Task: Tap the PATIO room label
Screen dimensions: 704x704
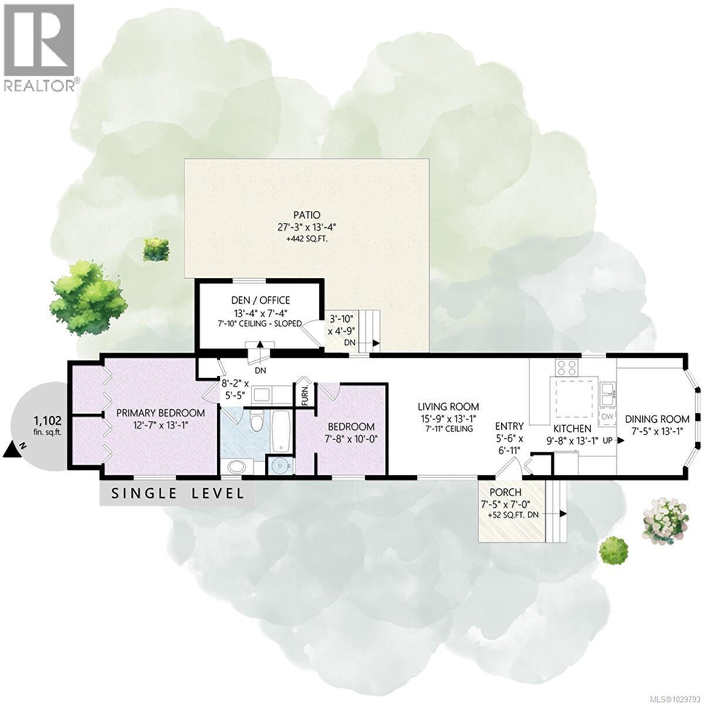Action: click(307, 214)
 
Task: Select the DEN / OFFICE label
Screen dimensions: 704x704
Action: click(260, 300)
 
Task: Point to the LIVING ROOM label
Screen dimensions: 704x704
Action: click(448, 406)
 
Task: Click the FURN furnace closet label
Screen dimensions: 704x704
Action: click(304, 395)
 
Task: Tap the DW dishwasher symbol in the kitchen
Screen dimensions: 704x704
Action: click(607, 417)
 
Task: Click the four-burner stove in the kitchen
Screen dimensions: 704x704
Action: click(566, 368)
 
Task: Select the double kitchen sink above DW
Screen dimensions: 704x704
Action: click(607, 393)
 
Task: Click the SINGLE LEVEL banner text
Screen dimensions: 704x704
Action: click(177, 493)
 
